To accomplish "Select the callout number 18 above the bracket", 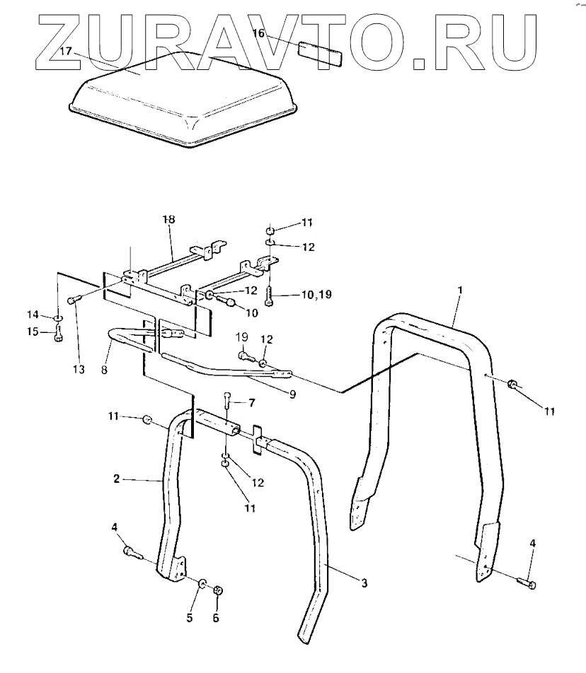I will [167, 221].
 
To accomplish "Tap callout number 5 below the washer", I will [190, 617].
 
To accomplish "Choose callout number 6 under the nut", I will [216, 617].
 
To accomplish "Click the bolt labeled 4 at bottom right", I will [527, 583].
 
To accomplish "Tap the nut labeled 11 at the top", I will [270, 230].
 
